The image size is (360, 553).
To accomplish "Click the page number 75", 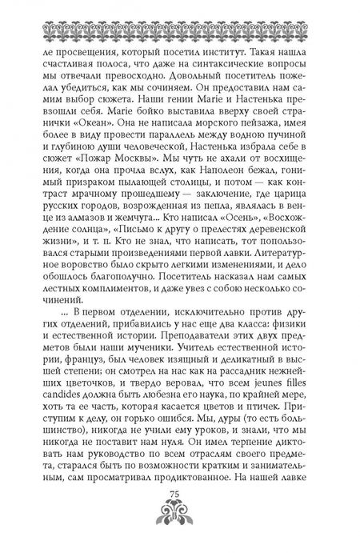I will [181, 513].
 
